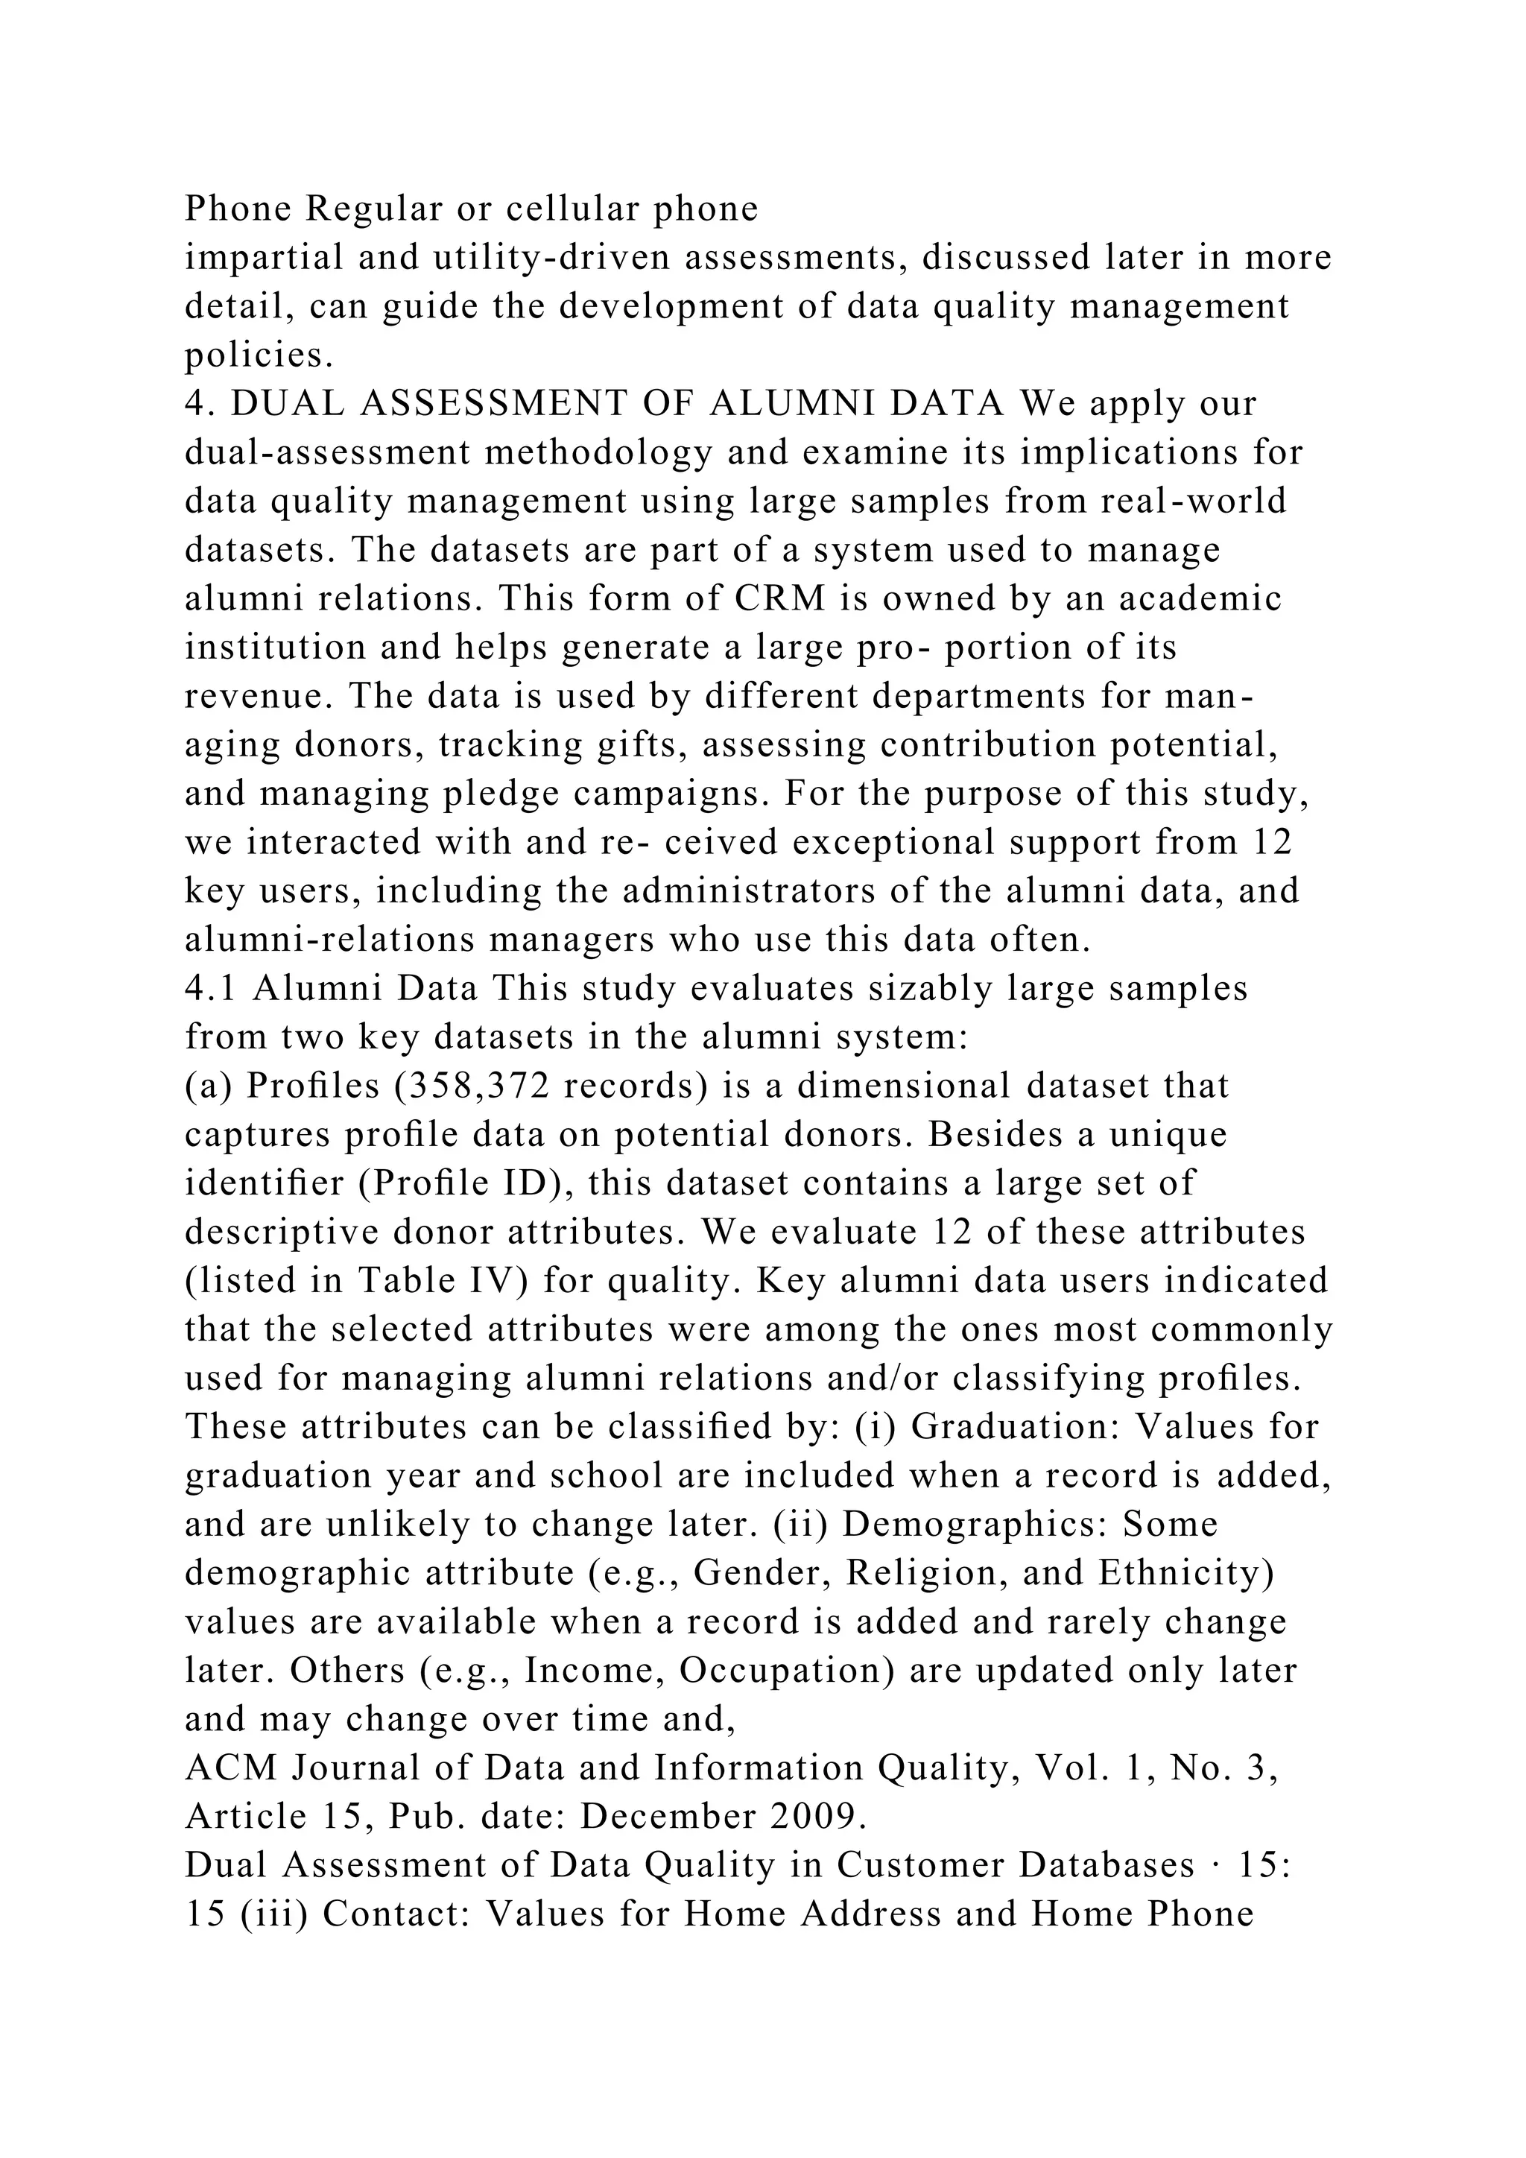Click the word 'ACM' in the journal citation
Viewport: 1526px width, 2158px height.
tap(231, 1768)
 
